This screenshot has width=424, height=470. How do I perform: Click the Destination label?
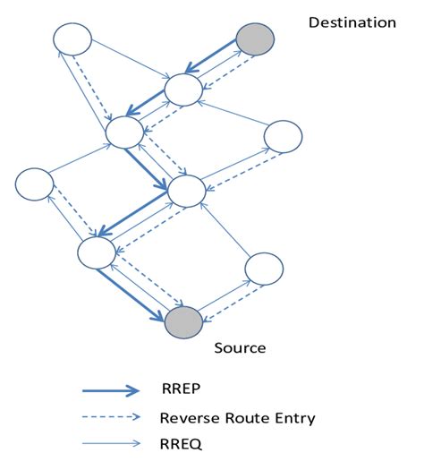pos(352,22)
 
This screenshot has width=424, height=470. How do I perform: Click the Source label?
pos(240,346)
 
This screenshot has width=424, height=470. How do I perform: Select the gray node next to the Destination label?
pos(255,39)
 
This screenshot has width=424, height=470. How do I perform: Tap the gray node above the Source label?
pos(183,321)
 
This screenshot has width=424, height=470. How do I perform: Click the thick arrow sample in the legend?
pos(111,389)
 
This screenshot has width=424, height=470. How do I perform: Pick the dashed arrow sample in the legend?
pos(111,416)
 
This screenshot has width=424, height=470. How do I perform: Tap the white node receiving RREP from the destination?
pos(184,89)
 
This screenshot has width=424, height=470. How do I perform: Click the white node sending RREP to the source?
pos(97,252)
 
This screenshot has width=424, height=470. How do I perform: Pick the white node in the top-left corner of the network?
pos(72,39)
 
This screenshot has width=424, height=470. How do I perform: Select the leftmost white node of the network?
pos(35,184)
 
